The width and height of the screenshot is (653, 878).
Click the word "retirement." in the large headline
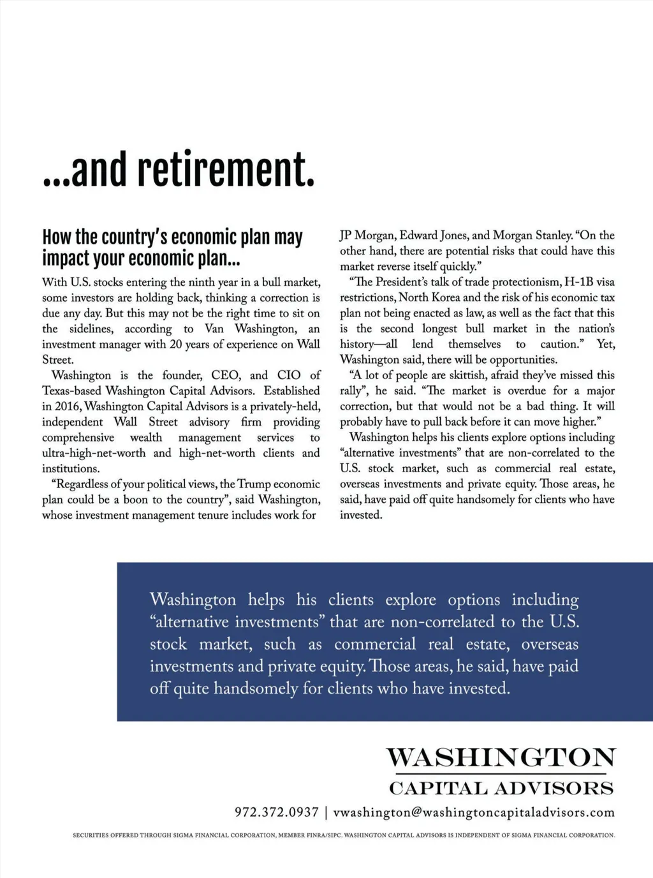[x=226, y=170]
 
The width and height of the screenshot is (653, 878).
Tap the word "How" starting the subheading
[x=56, y=237]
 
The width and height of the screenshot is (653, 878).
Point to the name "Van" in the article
[x=214, y=329]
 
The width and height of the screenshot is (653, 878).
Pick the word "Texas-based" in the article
[x=72, y=391]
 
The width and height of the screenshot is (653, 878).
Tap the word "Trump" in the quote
[x=254, y=484]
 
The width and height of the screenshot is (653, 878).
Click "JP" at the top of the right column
[x=346, y=235]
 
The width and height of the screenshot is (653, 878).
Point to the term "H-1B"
[x=579, y=282]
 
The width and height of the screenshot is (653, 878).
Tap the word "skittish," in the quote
[x=448, y=375]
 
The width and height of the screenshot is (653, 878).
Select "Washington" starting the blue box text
[x=193, y=600]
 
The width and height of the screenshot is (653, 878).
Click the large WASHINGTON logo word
[x=501, y=757]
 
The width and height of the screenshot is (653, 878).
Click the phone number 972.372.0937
[x=277, y=812]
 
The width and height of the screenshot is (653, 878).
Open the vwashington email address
[x=474, y=812]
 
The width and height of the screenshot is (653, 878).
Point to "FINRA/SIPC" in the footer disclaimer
[x=323, y=835]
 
